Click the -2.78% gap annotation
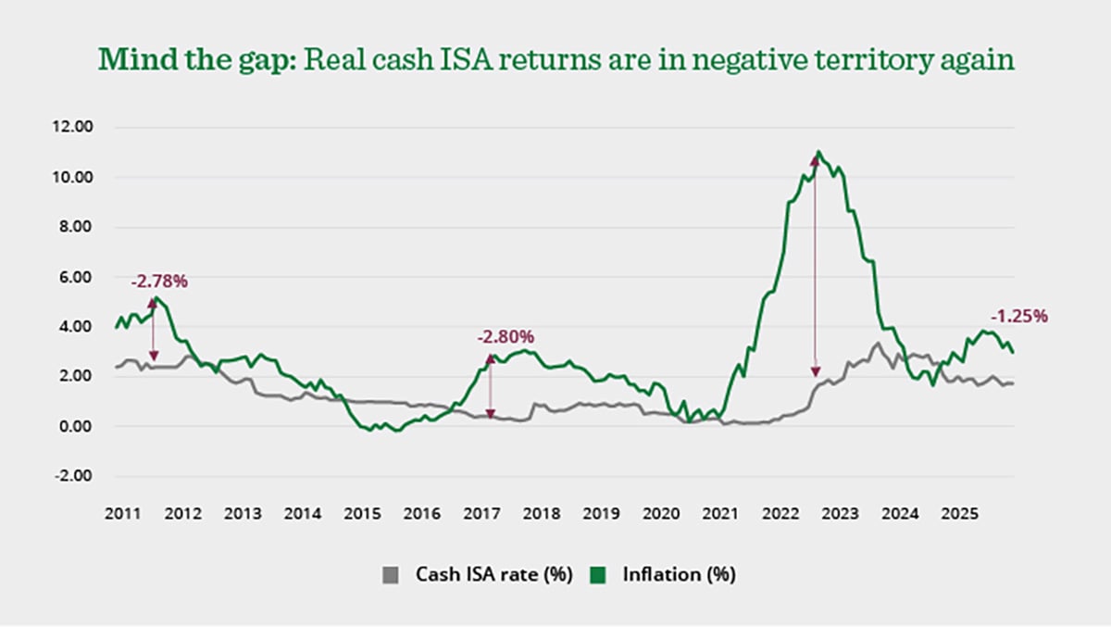(159, 281)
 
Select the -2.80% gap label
(506, 337)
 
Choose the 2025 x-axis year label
(960, 512)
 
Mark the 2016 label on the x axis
(421, 512)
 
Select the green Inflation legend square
(599, 575)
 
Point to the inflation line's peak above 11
(818, 152)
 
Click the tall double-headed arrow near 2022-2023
(815, 269)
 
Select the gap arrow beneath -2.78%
(154, 329)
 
